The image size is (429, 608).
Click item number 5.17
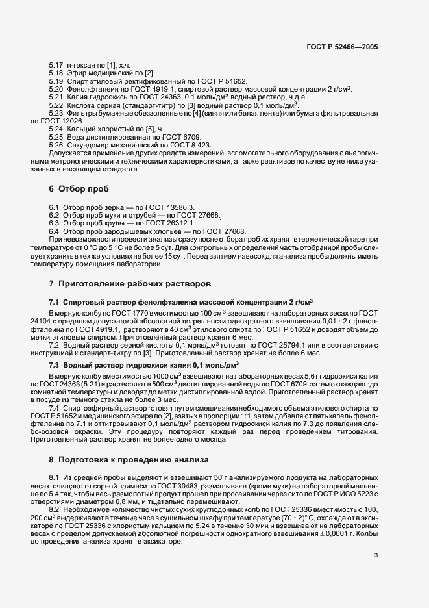[56, 66]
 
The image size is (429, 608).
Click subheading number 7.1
[54, 302]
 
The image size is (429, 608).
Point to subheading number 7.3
[54, 366]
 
